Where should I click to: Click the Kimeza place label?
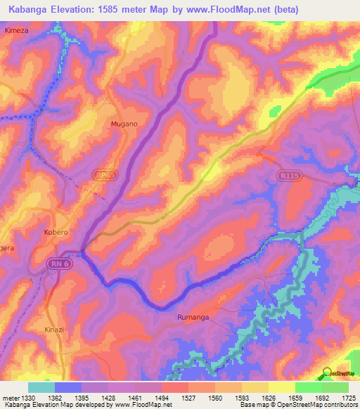click(15, 32)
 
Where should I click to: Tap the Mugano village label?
click(124, 124)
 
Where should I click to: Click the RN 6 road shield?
click(59, 263)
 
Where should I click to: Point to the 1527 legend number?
click(174, 397)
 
